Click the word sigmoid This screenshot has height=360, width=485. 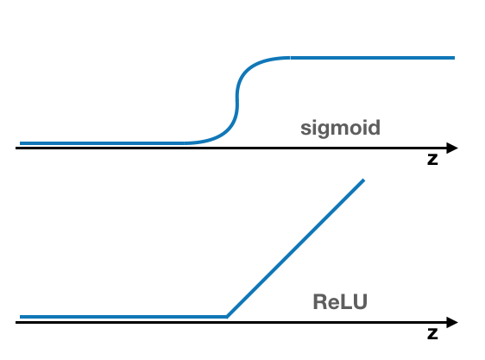(340, 129)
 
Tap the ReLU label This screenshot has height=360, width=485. (339, 302)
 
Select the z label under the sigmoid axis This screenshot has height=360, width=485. (432, 161)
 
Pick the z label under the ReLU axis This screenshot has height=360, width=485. (432, 333)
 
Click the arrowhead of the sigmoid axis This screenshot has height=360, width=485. (452, 148)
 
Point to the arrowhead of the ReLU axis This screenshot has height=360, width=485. (452, 323)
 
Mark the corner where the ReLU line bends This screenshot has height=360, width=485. (226, 317)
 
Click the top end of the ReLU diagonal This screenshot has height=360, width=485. (363, 180)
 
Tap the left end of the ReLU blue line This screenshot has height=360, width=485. (21, 317)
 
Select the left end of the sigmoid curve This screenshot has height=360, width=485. (21, 142)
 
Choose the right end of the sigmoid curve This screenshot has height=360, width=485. (453, 58)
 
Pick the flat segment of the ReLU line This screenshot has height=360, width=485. (121, 317)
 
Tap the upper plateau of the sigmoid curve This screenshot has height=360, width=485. (371, 58)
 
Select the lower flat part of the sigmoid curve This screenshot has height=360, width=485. (104, 142)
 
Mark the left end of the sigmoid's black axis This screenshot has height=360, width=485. (17, 148)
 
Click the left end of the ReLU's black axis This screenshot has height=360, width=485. (17, 323)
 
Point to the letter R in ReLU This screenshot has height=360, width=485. (318, 302)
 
